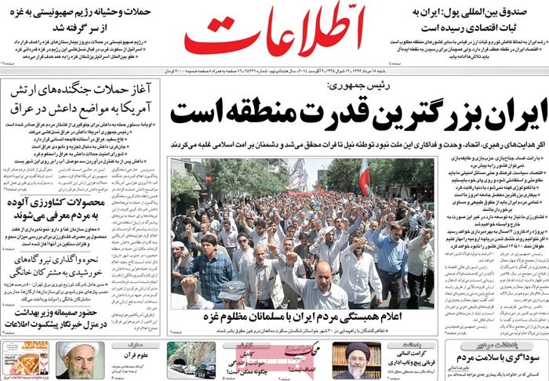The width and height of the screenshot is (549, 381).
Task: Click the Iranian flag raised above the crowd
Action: click(364, 176)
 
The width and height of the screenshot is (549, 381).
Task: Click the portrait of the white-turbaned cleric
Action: click(80, 360)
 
